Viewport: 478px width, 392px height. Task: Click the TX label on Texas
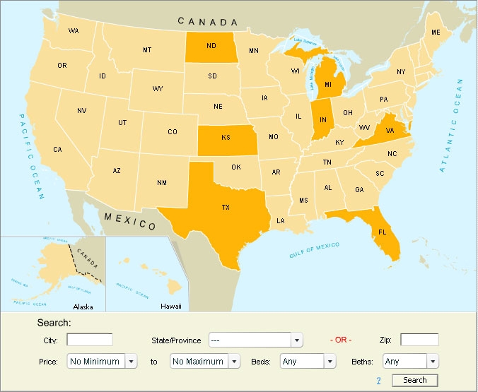pyautogui.click(x=226, y=208)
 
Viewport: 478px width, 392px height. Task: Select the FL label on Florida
pyautogui.click(x=382, y=232)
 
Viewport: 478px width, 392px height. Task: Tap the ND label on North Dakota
pyautogui.click(x=211, y=47)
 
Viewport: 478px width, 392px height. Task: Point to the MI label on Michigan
pyautogui.click(x=328, y=85)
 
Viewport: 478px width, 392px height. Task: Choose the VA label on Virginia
pyautogui.click(x=390, y=130)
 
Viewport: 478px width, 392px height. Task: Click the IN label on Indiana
pyautogui.click(x=324, y=121)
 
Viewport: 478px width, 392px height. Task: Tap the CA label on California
pyautogui.click(x=57, y=149)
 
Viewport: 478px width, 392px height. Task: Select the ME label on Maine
pyautogui.click(x=436, y=33)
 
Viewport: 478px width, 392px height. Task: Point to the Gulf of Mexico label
pyautogui.click(x=315, y=250)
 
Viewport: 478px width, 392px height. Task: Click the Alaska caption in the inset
pyautogui.click(x=83, y=307)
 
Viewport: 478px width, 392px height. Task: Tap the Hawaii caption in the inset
pyautogui.click(x=170, y=307)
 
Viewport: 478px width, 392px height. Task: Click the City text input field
pyautogui.click(x=90, y=340)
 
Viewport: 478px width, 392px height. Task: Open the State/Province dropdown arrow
pyautogui.click(x=297, y=340)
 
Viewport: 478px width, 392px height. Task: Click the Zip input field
pyautogui.click(x=419, y=340)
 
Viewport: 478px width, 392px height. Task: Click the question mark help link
pyautogui.click(x=378, y=381)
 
